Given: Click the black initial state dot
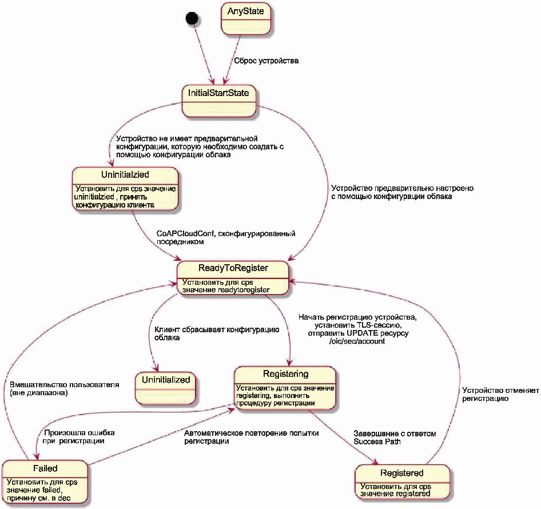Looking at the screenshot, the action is [x=192, y=18].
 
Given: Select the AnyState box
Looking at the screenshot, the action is [x=246, y=19].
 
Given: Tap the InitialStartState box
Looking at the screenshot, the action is [x=219, y=101].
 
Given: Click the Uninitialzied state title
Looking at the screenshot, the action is [x=125, y=174].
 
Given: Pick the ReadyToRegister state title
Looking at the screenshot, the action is [x=233, y=268].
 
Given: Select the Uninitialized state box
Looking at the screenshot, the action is [x=166, y=388].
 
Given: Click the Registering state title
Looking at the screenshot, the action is [x=286, y=373].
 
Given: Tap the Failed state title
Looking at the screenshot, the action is [x=45, y=468].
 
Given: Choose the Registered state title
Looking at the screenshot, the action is [x=401, y=473].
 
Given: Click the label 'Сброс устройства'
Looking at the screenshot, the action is [x=266, y=61].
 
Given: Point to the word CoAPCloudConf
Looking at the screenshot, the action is [x=186, y=233].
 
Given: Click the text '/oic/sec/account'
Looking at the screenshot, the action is [x=357, y=341].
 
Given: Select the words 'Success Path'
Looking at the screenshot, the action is [x=377, y=442].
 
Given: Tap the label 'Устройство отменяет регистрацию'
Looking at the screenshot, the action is [x=500, y=395].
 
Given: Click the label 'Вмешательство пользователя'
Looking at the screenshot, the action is [x=65, y=385].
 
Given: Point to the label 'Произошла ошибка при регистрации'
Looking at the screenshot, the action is [x=79, y=436].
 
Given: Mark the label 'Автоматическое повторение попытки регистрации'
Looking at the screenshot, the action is [x=251, y=437].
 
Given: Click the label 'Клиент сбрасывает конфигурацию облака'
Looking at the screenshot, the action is [x=217, y=333].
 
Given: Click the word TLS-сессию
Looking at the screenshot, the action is [x=378, y=325].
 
